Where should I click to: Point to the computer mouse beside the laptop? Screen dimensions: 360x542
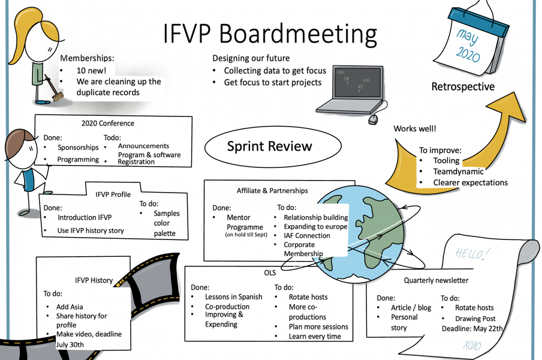(x=373, y=119)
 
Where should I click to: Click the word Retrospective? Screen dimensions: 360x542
(x=463, y=87)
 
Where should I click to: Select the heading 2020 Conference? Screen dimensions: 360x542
(x=108, y=124)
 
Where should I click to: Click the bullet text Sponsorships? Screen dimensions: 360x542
(x=78, y=148)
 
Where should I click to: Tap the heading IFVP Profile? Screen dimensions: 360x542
(x=113, y=194)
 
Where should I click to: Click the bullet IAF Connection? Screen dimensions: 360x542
(x=307, y=236)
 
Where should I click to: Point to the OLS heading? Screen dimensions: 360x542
(x=270, y=273)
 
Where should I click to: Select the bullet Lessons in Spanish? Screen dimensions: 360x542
(x=233, y=297)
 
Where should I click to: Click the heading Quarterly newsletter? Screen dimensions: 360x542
(x=436, y=280)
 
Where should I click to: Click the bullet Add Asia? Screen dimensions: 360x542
(x=70, y=307)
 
